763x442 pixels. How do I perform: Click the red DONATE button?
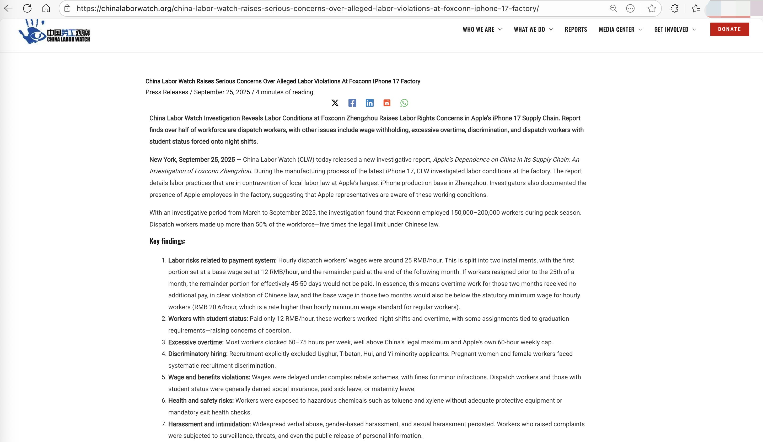click(729, 29)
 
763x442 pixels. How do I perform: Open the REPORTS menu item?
click(576, 29)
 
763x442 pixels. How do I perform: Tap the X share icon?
click(335, 103)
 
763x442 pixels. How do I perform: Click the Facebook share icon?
click(352, 103)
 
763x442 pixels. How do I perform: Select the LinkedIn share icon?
click(369, 103)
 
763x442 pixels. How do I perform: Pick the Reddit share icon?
click(387, 103)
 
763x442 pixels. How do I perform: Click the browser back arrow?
click(8, 8)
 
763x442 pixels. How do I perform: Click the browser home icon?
click(46, 8)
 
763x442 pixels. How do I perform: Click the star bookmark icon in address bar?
click(652, 8)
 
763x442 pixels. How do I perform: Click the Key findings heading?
click(168, 241)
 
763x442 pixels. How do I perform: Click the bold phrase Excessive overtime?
click(196, 342)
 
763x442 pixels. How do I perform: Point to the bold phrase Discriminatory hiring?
click(198, 354)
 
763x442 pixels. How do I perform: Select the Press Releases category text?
click(166, 92)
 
